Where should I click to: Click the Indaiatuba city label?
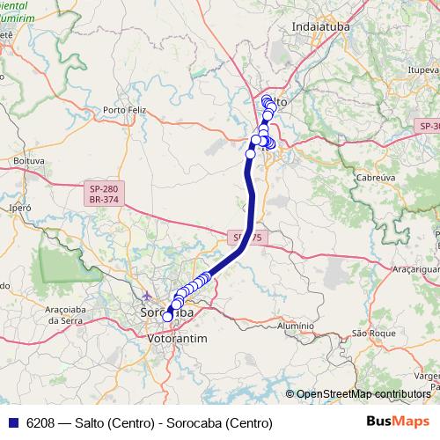click(322, 27)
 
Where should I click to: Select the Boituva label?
click(29, 161)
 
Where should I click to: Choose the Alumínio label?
click(294, 326)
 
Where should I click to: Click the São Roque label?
click(370, 333)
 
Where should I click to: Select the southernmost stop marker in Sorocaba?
click(167, 317)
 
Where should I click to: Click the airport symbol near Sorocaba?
click(146, 295)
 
